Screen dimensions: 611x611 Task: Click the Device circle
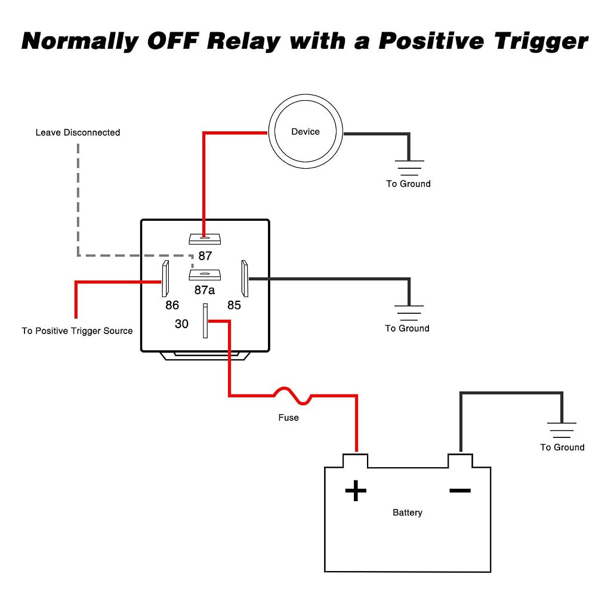(x=305, y=94)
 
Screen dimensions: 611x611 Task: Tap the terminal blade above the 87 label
(x=205, y=239)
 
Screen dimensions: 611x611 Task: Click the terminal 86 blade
(x=165, y=279)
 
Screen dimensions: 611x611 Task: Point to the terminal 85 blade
(x=245, y=279)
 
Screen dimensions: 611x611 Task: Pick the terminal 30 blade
(x=205, y=320)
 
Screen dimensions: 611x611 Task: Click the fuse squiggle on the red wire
(x=292, y=396)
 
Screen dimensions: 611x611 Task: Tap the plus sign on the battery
(x=356, y=490)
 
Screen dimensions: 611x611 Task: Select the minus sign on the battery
(x=460, y=490)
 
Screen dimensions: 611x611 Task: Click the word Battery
(x=407, y=513)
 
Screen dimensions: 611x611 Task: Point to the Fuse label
(x=288, y=418)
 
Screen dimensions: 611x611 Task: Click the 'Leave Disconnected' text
(x=78, y=132)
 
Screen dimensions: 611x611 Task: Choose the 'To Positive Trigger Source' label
(x=77, y=331)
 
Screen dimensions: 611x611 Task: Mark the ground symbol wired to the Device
(x=409, y=168)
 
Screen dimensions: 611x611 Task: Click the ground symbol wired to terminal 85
(x=409, y=313)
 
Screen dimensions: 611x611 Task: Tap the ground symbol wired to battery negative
(x=561, y=430)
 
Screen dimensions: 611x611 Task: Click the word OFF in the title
(x=174, y=41)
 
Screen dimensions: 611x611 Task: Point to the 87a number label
(x=205, y=290)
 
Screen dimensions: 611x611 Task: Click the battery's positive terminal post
(x=356, y=461)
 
